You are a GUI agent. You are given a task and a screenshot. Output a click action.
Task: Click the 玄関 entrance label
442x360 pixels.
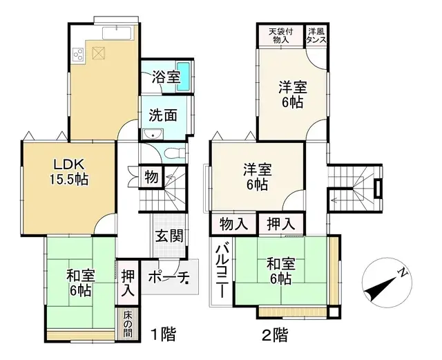coord(169,235)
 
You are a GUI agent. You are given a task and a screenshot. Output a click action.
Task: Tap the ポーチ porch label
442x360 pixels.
coord(169,277)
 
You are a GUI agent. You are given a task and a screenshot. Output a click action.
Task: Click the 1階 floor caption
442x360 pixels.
coord(163,337)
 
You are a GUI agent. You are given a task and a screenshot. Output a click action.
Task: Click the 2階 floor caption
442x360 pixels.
coord(274,337)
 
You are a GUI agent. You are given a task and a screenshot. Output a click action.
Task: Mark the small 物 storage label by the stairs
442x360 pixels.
coord(151,177)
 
